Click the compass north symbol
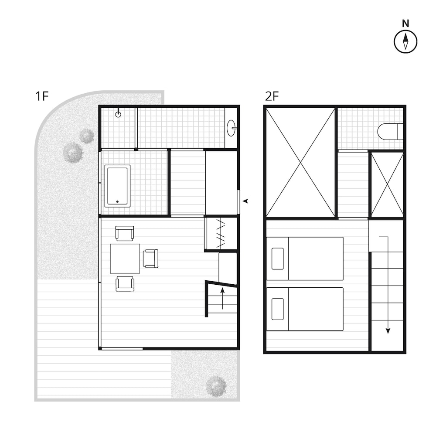coord(405,42)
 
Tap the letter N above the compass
coord(405,24)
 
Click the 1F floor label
coord(42,96)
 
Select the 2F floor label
coord(272,96)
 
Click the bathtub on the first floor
coord(117,186)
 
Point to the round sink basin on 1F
coord(231,128)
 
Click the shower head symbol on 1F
coord(118,115)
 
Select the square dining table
coord(125,259)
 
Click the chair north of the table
coord(125,233)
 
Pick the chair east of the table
coord(150,259)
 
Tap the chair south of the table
coord(125,284)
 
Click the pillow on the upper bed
coord(278,259)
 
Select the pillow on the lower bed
coord(278,309)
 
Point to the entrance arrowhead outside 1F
coord(246,201)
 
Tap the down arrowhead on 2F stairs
coord(388,331)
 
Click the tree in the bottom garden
coord(216,386)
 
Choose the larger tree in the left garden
coord(72,153)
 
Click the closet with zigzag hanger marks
coord(221,234)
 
